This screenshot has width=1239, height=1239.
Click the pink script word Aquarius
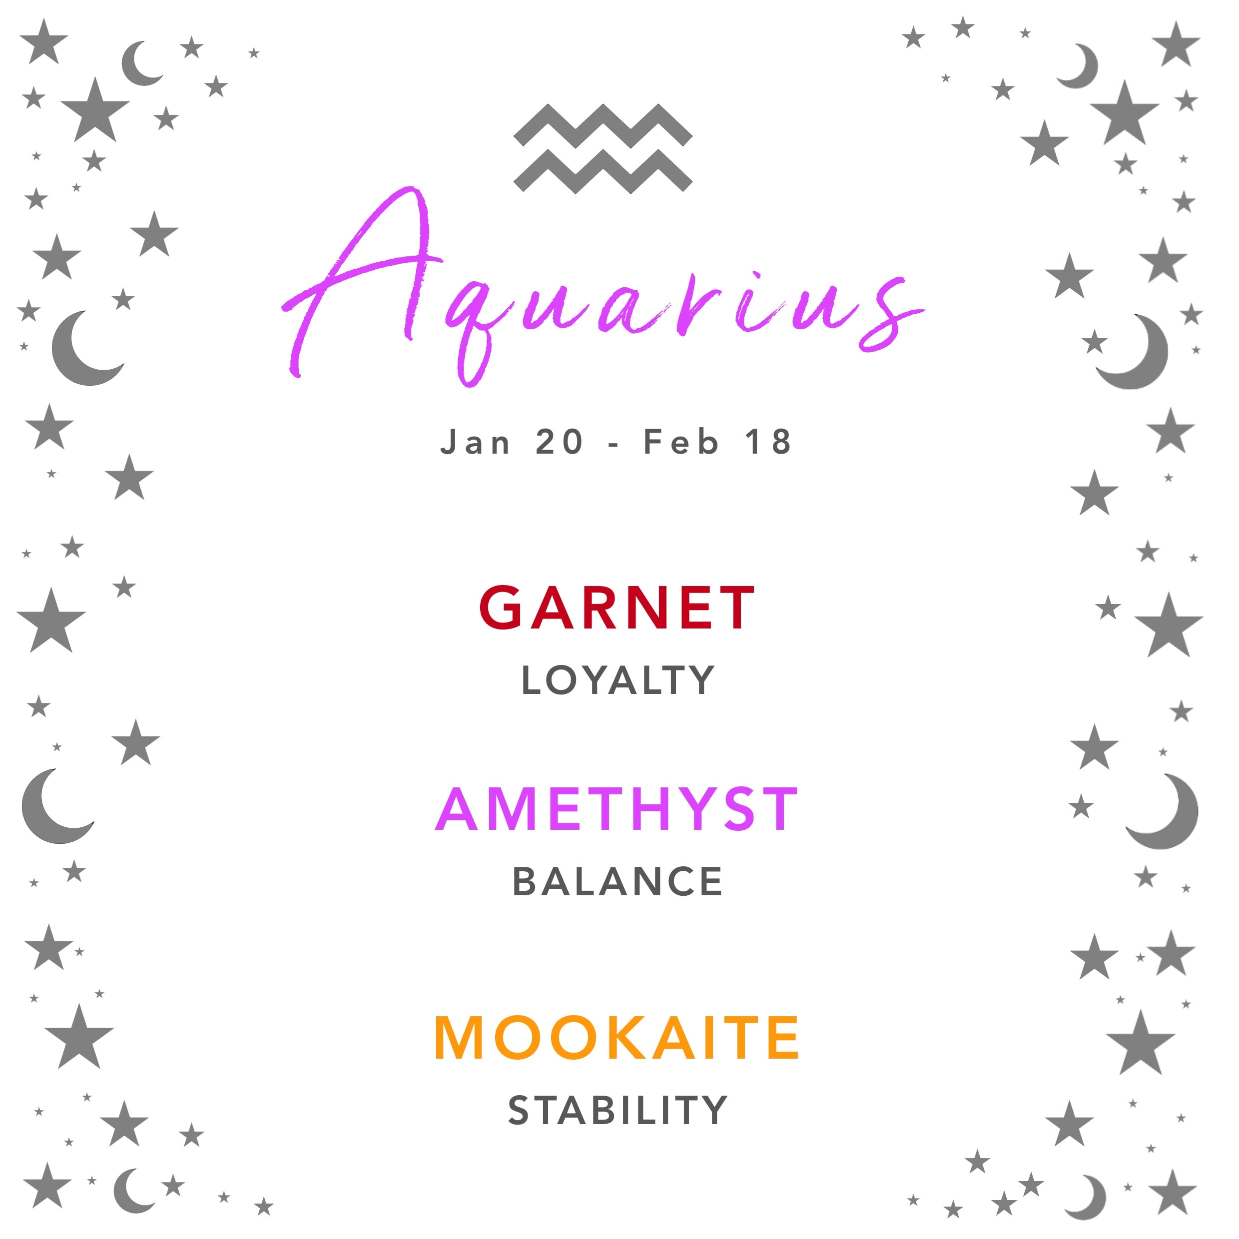click(x=603, y=289)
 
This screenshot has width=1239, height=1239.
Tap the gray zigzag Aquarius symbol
click(x=603, y=148)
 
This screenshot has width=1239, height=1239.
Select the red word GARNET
click(x=617, y=608)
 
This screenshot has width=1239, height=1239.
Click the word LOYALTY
click(x=618, y=680)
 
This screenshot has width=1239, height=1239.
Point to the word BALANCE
click(x=618, y=882)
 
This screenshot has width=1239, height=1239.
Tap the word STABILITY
click(x=618, y=1111)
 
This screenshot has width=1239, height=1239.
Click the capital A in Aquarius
click(x=359, y=282)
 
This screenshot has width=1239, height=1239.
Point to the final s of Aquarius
click(x=888, y=314)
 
